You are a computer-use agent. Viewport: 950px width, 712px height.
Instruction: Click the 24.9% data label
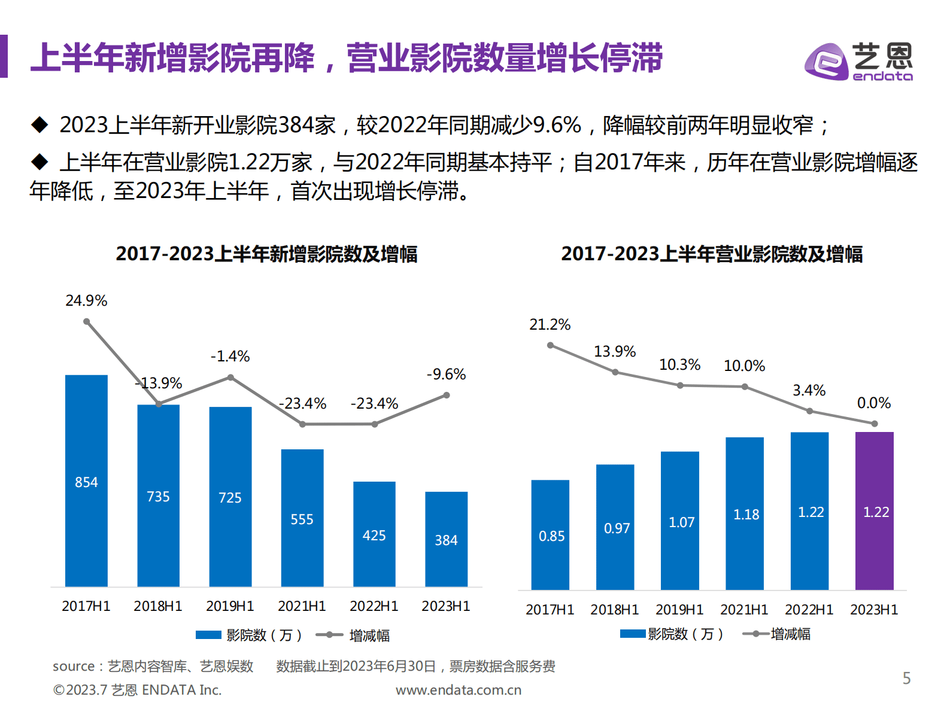click(86, 300)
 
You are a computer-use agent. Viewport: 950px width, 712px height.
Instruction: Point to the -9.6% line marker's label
click(446, 375)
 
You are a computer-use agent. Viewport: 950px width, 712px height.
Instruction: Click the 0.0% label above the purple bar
click(873, 403)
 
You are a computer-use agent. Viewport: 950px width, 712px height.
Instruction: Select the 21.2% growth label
click(550, 325)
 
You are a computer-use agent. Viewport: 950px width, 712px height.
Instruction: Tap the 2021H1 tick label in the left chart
click(302, 606)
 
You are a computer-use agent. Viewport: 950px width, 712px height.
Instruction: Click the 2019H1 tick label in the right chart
click(679, 610)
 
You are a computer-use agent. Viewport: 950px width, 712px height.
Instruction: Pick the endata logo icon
click(825, 61)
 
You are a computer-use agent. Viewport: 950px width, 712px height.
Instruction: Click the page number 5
click(906, 678)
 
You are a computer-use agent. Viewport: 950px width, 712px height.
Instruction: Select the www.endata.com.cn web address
click(459, 690)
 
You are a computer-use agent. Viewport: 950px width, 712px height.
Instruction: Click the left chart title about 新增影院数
click(266, 254)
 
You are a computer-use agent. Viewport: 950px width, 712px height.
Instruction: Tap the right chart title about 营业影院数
click(711, 254)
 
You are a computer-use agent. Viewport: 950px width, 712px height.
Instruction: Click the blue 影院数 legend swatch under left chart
click(208, 635)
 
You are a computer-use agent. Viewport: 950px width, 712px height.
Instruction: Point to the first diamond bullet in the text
click(40, 124)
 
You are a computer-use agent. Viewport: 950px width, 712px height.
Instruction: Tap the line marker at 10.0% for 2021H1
click(745, 387)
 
